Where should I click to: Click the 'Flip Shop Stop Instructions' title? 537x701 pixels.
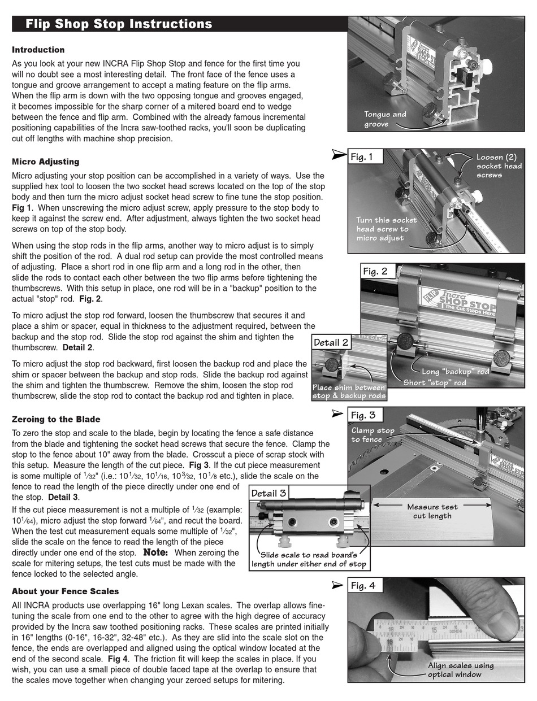click(x=119, y=24)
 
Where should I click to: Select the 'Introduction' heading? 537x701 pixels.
click(x=38, y=50)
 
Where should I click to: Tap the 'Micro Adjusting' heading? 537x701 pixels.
click(x=45, y=162)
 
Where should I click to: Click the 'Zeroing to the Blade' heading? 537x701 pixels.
click(x=56, y=419)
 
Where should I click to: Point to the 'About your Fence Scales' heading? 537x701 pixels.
click(x=65, y=591)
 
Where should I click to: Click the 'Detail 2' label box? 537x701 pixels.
click(x=331, y=342)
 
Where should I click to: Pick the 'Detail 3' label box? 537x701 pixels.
click(x=268, y=493)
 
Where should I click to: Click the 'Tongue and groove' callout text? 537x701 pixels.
click(x=385, y=119)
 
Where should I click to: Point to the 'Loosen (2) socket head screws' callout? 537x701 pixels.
click(x=499, y=166)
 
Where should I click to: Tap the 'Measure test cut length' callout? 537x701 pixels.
click(x=432, y=511)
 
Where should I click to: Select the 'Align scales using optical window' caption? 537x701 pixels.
click(x=460, y=669)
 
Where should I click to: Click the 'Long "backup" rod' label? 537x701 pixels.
click(x=456, y=372)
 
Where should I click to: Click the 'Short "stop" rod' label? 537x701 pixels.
click(x=435, y=382)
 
